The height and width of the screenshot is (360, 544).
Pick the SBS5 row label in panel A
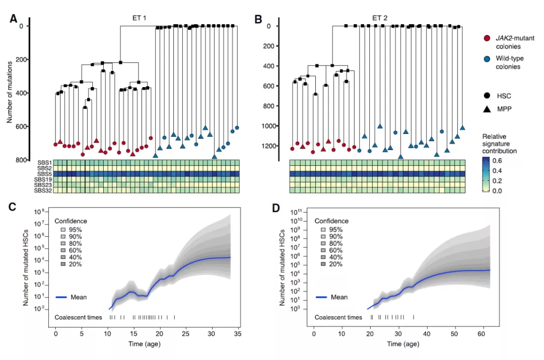tap(43, 174)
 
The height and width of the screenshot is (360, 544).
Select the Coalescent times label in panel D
tap(338, 317)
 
